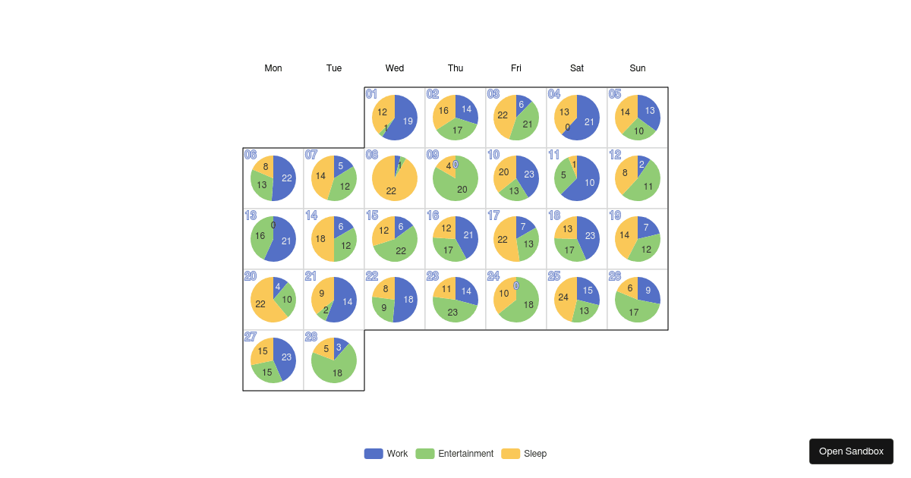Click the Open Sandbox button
pyautogui.click(x=851, y=451)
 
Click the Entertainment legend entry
pyautogui.click(x=455, y=454)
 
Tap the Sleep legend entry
pyautogui.click(x=524, y=454)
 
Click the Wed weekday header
pyautogui.click(x=395, y=68)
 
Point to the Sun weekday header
pyautogui.click(x=638, y=68)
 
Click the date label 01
pyautogui.click(x=371, y=94)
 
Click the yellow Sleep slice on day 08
pyautogui.click(x=391, y=186)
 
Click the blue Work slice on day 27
pyautogui.click(x=285, y=357)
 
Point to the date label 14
pyautogui.click(x=311, y=215)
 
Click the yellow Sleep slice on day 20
pyautogui.click(x=261, y=303)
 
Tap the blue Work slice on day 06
pyautogui.click(x=285, y=178)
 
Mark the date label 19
pyautogui.click(x=615, y=215)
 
